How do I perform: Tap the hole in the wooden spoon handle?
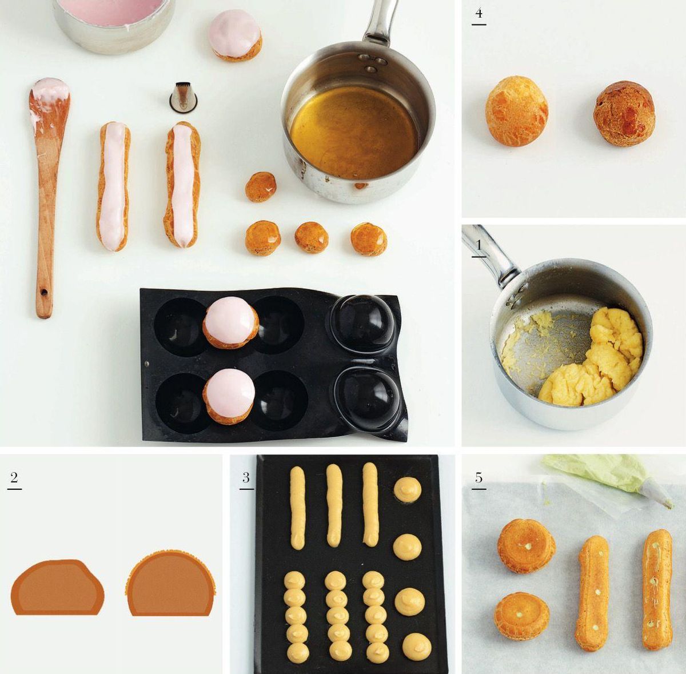coord(44,293)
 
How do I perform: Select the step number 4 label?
coord(479,14)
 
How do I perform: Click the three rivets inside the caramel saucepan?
coord(370,62)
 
